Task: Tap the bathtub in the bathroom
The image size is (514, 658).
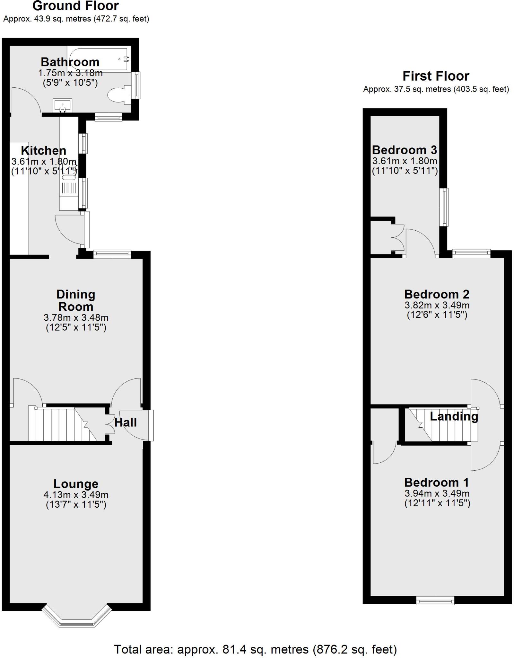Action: click(98, 58)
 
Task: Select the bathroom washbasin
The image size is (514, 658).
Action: click(63, 106)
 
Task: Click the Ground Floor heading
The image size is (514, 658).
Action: click(76, 6)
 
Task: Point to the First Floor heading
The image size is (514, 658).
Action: click(436, 76)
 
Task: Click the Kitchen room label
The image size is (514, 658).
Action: click(44, 150)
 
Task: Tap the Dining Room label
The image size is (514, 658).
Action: click(76, 300)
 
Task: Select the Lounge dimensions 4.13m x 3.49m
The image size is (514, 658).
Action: click(76, 495)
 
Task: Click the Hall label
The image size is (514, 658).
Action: click(126, 422)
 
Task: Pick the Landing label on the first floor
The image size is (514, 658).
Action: click(454, 416)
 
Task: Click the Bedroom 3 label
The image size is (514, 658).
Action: click(405, 150)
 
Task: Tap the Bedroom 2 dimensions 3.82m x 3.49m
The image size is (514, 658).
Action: click(437, 305)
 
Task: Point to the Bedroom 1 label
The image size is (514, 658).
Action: click(437, 482)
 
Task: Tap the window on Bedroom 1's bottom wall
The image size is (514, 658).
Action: click(435, 600)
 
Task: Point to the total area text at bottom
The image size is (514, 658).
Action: click(255, 649)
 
